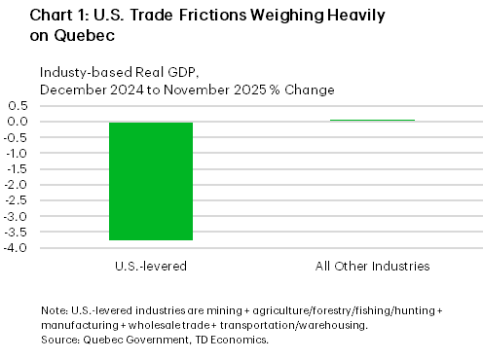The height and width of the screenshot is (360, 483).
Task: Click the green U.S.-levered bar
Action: [150, 181]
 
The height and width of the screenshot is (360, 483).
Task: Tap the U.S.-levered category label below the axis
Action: [150, 266]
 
